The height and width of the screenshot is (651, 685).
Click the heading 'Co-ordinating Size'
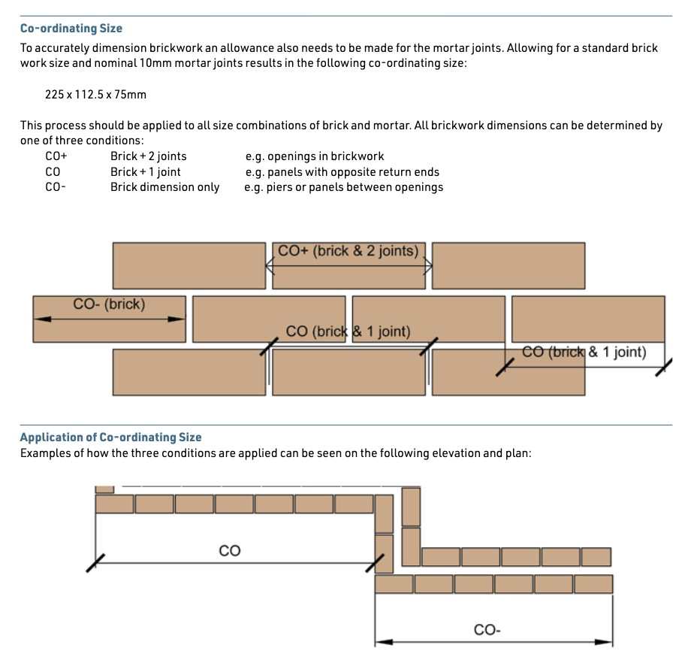[x=71, y=29]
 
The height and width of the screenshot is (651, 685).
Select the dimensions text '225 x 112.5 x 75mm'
[x=95, y=95]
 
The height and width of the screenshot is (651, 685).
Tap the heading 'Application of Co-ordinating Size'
[x=111, y=438]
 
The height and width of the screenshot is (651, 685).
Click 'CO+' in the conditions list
[x=56, y=156]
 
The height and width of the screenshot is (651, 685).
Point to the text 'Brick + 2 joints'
[x=149, y=156]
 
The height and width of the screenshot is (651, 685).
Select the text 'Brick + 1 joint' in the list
[x=146, y=172]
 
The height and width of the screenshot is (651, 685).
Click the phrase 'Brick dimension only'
[x=164, y=187]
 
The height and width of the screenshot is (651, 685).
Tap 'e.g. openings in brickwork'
[x=315, y=156]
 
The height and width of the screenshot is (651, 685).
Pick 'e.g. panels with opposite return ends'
[x=342, y=172]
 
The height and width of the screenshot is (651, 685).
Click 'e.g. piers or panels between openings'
[x=344, y=187]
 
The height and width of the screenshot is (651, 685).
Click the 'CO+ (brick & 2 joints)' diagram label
[x=349, y=251]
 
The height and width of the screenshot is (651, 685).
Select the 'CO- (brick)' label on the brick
[x=109, y=304]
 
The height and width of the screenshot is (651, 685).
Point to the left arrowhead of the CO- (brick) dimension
[x=42, y=319]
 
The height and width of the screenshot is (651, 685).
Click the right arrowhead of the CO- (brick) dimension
[x=177, y=319]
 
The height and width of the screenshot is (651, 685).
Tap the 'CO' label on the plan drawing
[x=230, y=550]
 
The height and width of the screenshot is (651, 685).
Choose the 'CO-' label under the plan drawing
[x=487, y=630]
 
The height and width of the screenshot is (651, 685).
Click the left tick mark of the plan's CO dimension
[x=95, y=563]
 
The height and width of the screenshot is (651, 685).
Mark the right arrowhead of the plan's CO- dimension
[x=604, y=642]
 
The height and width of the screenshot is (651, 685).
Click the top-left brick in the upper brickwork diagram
[x=189, y=266]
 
